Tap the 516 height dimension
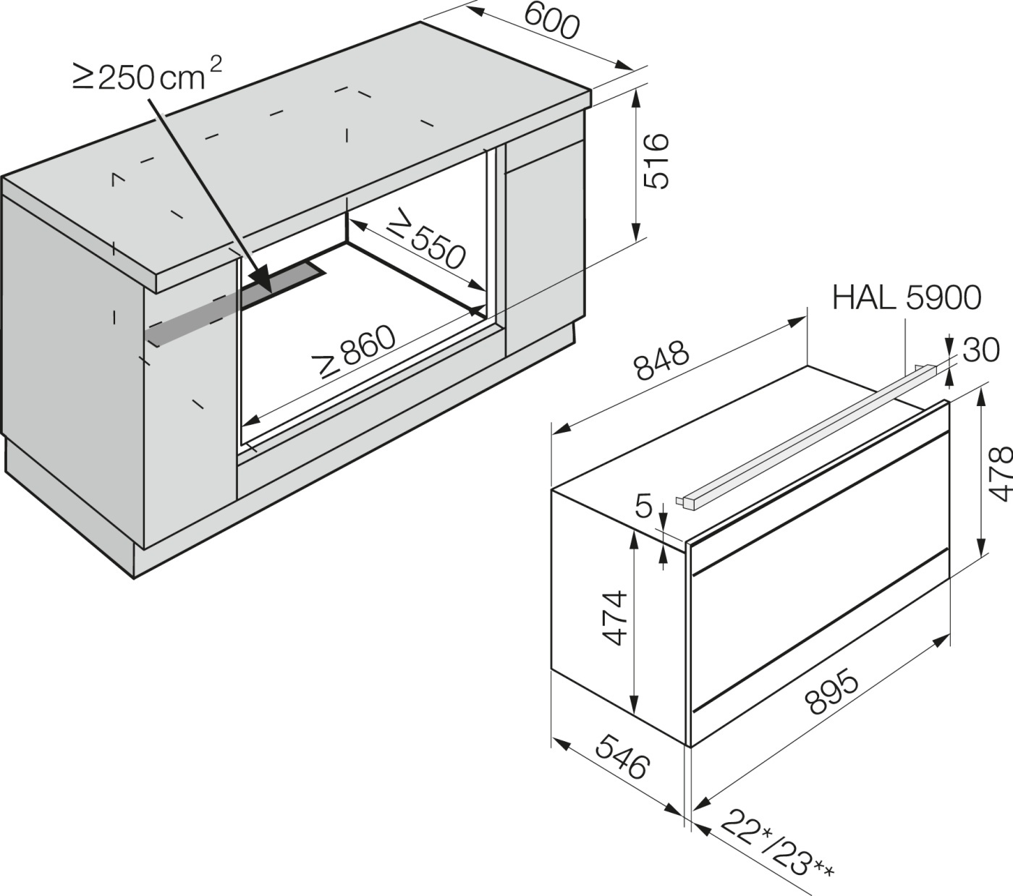[x=656, y=161]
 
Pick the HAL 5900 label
[x=907, y=297]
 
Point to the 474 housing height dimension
[x=614, y=618]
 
